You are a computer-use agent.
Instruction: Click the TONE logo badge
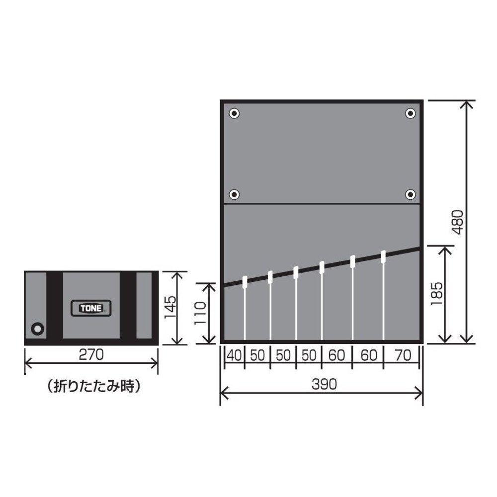tap(90, 308)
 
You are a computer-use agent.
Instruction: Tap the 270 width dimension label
tap(91, 355)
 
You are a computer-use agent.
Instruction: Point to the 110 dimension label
tap(200, 313)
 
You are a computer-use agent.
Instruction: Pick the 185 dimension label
tap(436, 294)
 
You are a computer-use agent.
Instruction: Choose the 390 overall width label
tap(324, 385)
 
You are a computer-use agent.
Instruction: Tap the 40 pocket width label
tap(234, 355)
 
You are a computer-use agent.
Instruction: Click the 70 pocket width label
tap(403, 355)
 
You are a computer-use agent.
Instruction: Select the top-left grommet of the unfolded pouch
tap(234, 113)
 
